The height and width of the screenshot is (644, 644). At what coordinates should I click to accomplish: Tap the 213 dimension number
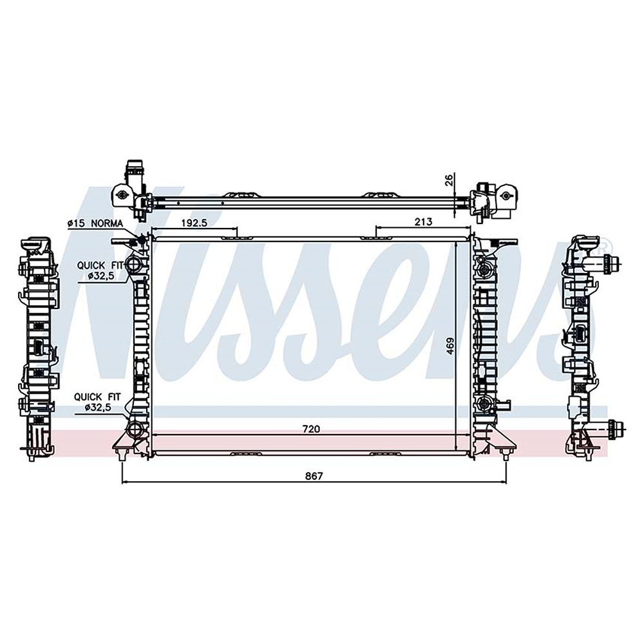point(422,222)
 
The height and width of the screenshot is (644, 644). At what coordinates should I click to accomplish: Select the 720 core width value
point(312,428)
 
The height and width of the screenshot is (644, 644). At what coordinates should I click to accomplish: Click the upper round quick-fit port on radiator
point(133,264)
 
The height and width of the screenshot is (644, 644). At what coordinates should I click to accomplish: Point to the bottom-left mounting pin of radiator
point(122,456)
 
